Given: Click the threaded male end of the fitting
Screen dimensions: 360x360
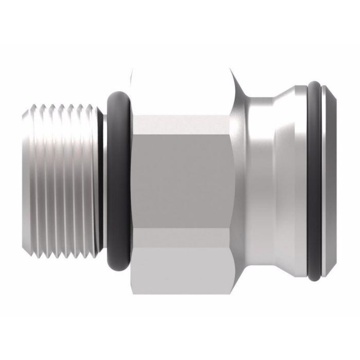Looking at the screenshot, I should (x=62, y=180).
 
